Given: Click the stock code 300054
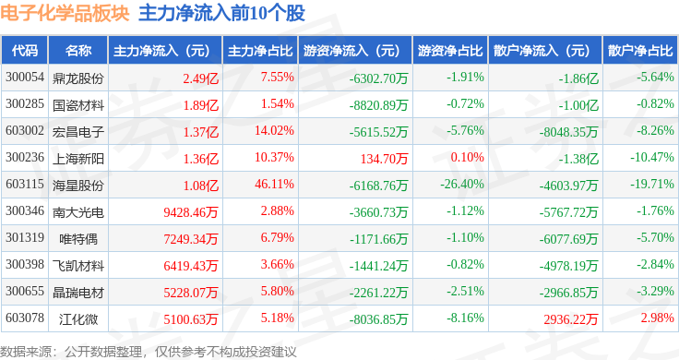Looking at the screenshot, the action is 25,78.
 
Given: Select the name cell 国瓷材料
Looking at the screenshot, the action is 78,105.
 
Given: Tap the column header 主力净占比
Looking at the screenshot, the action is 260,51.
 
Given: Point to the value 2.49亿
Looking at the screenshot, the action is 200,78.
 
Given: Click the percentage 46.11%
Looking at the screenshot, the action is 274,184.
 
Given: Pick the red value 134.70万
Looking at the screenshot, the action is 384,159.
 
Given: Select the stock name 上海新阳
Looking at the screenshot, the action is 78,159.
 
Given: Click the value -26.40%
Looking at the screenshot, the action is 462,184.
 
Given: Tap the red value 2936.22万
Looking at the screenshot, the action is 571,319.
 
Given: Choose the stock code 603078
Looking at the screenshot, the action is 25,318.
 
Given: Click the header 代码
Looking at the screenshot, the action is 25,51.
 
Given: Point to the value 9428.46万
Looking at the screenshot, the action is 191,212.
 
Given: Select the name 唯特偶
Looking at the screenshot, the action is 78,239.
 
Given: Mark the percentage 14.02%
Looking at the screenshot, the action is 274,130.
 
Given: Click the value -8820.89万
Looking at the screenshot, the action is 378,105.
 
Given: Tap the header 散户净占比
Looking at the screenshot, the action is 640,51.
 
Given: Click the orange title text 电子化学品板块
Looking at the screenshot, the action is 65,13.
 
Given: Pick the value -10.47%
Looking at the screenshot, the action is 651,157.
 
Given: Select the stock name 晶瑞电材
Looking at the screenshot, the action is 78,293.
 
